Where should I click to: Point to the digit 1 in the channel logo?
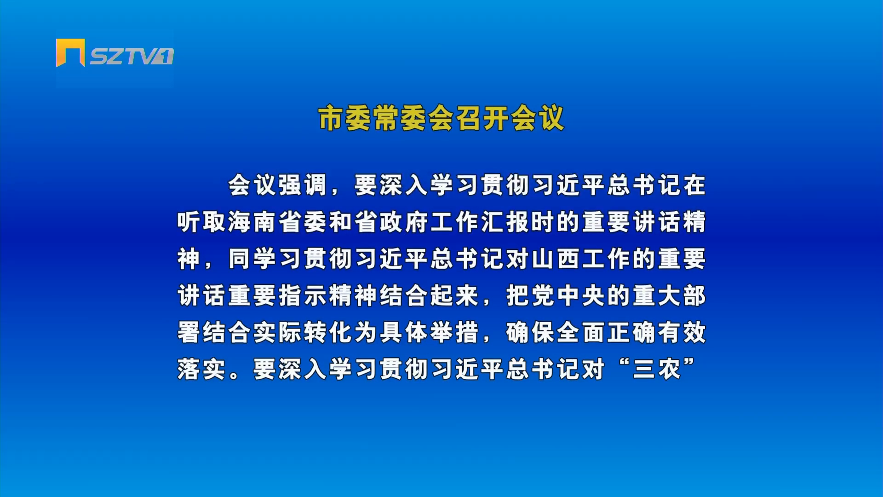[x=165, y=56]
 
